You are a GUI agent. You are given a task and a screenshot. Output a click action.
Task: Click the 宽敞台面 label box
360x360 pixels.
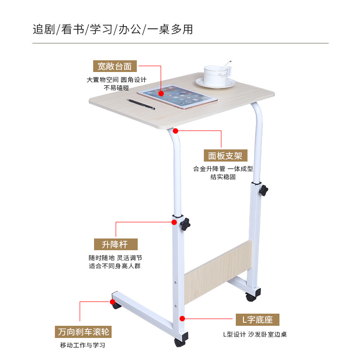pyautogui.click(x=115, y=66)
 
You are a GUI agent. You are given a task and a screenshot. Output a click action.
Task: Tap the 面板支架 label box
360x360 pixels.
pyautogui.click(x=225, y=156)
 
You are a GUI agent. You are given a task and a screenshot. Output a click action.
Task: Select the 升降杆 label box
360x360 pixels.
pyautogui.click(x=116, y=244)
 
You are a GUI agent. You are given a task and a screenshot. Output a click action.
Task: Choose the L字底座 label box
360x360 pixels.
pyautogui.click(x=258, y=320)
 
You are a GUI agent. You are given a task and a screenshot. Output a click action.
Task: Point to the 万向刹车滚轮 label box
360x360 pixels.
pyautogui.click(x=84, y=332)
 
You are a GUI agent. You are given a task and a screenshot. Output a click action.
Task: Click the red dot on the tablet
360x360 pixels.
pyautogui.click(x=161, y=94)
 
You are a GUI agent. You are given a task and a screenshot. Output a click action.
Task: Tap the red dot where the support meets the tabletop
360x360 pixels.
pyautogui.click(x=175, y=131)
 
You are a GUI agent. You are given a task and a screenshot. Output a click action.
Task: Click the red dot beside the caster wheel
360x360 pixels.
pyautogui.click(x=111, y=301)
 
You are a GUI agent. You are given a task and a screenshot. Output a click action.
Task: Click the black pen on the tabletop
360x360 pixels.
pyautogui.click(x=141, y=104)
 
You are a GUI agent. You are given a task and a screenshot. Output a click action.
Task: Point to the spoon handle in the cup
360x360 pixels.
pyautogui.click(x=228, y=63)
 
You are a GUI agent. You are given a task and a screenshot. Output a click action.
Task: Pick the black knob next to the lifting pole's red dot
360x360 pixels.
pyautogui.click(x=185, y=224)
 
